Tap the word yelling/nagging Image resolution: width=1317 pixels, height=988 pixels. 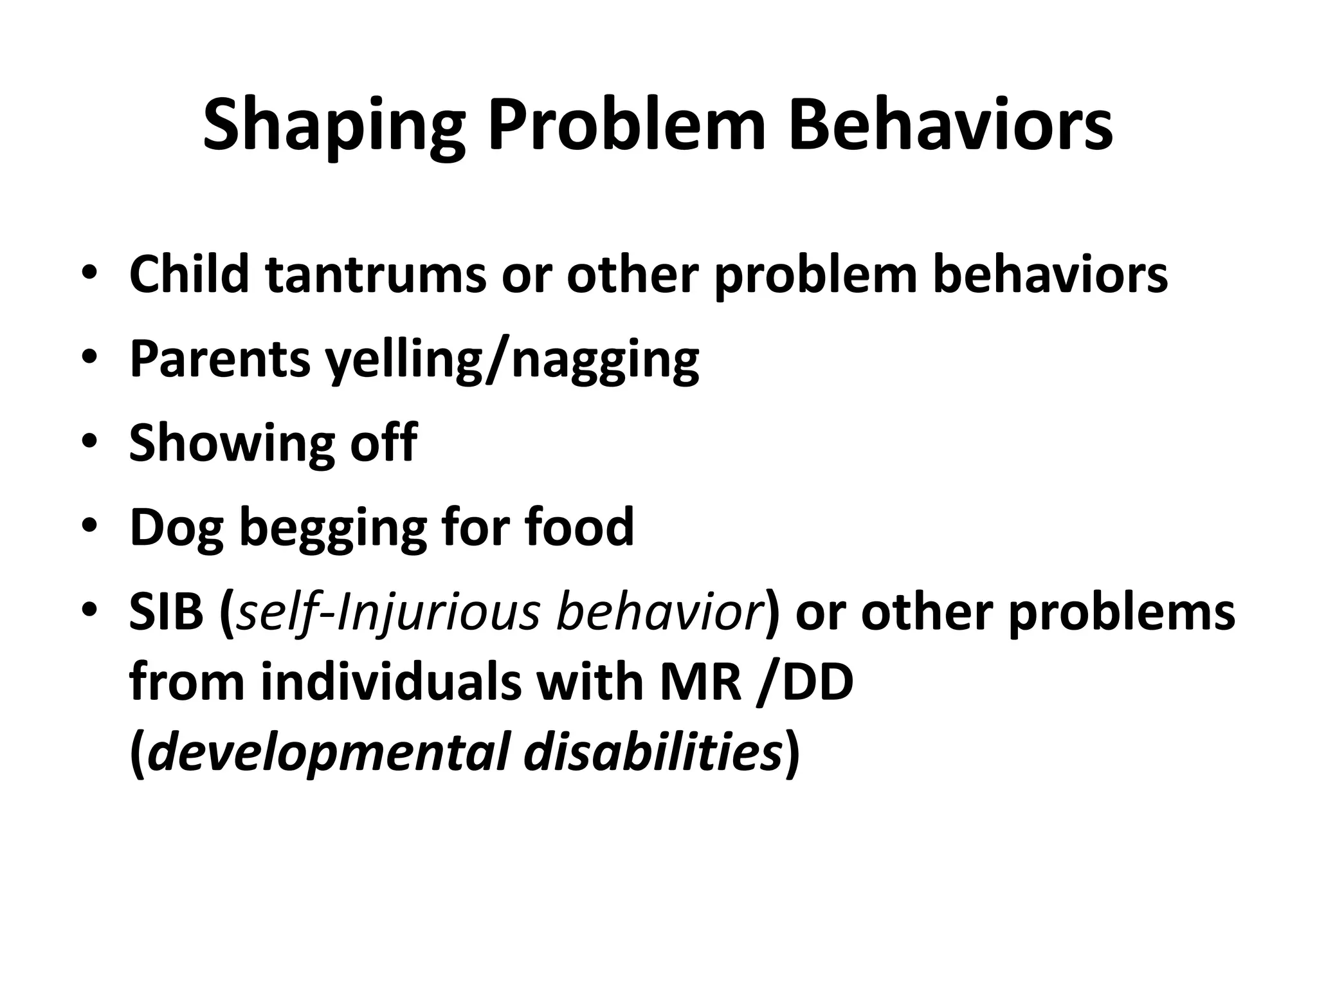click(x=511, y=360)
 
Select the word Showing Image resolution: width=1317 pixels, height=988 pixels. click(x=232, y=444)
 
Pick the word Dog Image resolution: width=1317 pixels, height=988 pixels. click(x=176, y=528)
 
